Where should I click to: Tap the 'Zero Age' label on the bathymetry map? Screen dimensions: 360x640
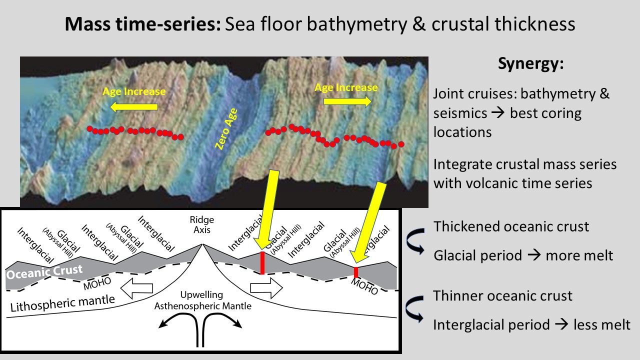pyautogui.click(x=226, y=129)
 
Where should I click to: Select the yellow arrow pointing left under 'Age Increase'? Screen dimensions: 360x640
pyautogui.click(x=134, y=106)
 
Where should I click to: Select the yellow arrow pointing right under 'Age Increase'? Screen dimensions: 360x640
pyautogui.click(x=347, y=101)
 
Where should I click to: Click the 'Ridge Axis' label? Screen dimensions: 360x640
pyautogui.click(x=202, y=225)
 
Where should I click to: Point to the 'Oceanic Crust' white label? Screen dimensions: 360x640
pyautogui.click(x=44, y=272)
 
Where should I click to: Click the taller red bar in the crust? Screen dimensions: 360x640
pyautogui.click(x=262, y=263)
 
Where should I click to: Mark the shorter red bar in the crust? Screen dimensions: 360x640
pyautogui.click(x=355, y=272)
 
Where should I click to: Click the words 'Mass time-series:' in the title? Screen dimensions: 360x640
pyautogui.click(x=142, y=24)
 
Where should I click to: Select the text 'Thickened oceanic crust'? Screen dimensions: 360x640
pyautogui.click(x=511, y=226)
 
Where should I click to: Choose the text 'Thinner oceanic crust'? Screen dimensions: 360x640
pyautogui.click(x=502, y=296)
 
